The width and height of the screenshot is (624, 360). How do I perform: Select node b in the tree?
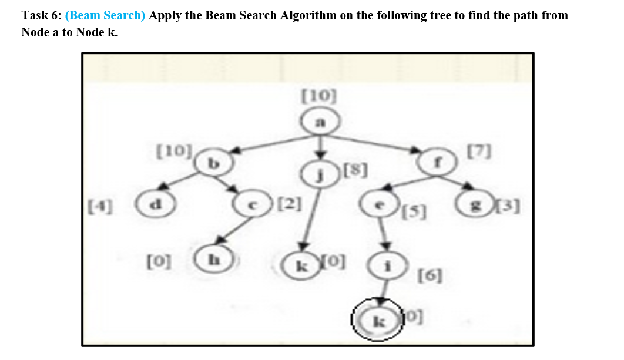(x=215, y=162)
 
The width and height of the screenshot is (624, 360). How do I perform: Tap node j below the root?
(x=319, y=173)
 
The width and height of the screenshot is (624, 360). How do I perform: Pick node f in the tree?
(x=437, y=160)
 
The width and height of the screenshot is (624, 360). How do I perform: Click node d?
(x=155, y=205)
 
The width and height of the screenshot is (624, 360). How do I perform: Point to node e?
(x=378, y=205)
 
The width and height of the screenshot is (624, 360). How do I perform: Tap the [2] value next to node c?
(x=290, y=205)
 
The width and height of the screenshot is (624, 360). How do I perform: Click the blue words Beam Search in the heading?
(x=106, y=15)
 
